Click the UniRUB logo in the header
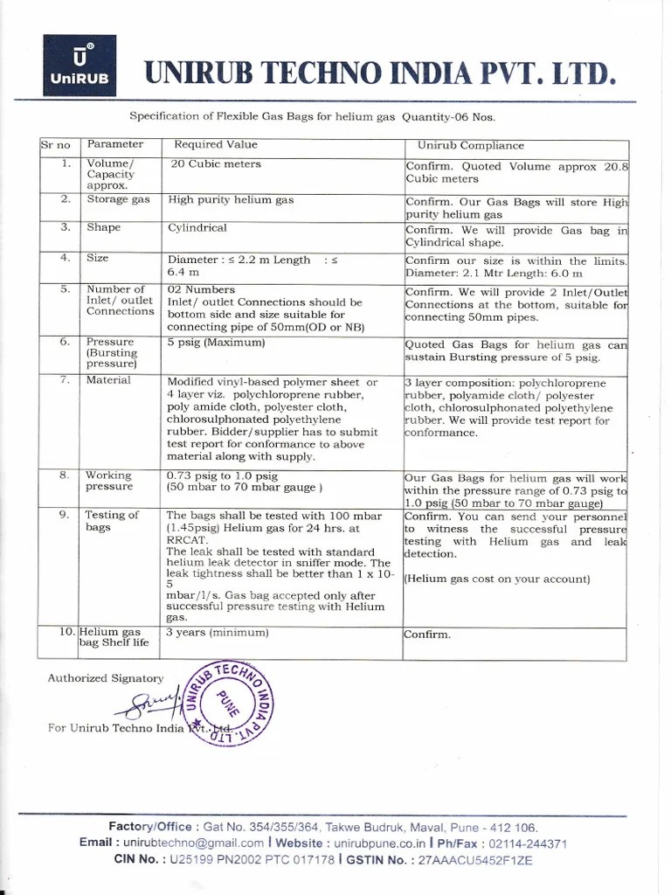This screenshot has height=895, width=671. pyautogui.click(x=79, y=66)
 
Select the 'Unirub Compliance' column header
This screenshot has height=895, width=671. pyautogui.click(x=470, y=146)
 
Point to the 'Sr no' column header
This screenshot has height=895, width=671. pyautogui.click(x=55, y=145)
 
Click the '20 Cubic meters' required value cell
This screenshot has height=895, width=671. pyautogui.click(x=215, y=164)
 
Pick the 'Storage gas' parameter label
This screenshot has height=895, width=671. pyautogui.click(x=118, y=200)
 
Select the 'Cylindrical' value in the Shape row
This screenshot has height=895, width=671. pyautogui.click(x=197, y=228)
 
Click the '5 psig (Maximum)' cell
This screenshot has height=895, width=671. pyautogui.click(x=215, y=343)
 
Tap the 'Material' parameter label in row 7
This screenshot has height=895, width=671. pyautogui.click(x=108, y=380)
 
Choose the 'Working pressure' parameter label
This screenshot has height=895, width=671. pyautogui.click(x=108, y=481)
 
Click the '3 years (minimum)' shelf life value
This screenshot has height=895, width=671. pyautogui.click(x=218, y=632)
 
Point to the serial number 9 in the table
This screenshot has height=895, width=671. pyautogui.click(x=65, y=516)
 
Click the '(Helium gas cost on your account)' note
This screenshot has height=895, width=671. pyautogui.click(x=497, y=579)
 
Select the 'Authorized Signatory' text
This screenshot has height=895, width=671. pyautogui.click(x=105, y=677)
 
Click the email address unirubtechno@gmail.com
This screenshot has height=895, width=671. pyautogui.click(x=193, y=843)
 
